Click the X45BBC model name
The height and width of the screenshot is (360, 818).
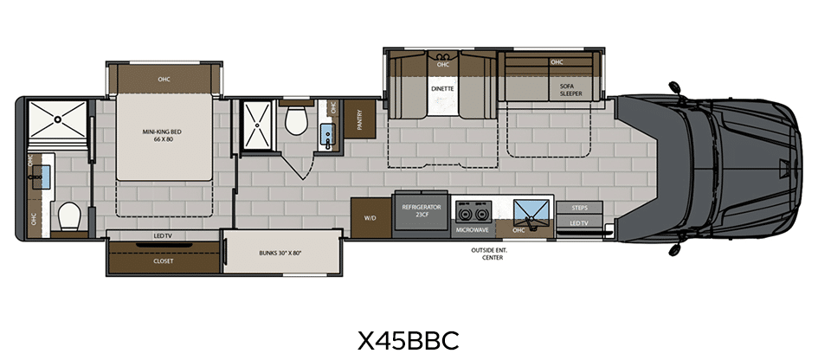click(408, 340)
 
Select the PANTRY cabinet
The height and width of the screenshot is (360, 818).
click(359, 119)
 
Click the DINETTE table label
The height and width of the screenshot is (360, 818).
click(443, 88)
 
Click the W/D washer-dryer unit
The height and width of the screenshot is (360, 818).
click(370, 217)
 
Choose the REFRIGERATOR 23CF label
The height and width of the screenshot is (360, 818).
click(422, 210)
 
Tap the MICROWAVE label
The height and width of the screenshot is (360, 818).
click(472, 229)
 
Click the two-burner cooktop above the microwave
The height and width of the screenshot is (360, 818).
click(472, 212)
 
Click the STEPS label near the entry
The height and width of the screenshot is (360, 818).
click(579, 208)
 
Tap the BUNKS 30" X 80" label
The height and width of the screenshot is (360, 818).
click(280, 253)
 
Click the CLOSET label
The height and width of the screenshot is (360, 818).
click(164, 260)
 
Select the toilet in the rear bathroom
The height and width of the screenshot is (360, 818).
click(69, 217)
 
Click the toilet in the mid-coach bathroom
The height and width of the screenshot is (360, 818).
click(296, 120)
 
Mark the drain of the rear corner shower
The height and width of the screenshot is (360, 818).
click(57, 119)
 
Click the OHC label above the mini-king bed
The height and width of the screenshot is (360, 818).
click(164, 80)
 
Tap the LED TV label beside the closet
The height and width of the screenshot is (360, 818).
click(163, 236)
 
